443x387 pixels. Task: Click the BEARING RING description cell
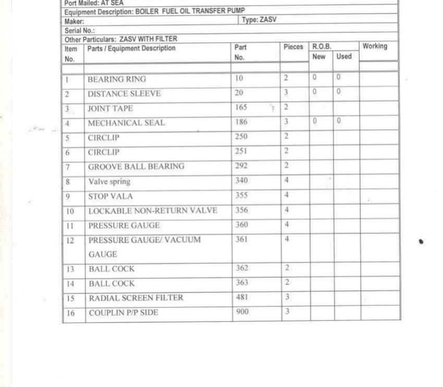pyautogui.click(x=117, y=80)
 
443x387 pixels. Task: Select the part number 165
pyautogui.click(x=241, y=108)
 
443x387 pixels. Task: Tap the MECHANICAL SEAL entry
pyautogui.click(x=126, y=123)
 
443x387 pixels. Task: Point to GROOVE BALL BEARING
pyautogui.click(x=136, y=167)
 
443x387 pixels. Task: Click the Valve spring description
pyautogui.click(x=109, y=181)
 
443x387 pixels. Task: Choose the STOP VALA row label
pyautogui.click(x=110, y=196)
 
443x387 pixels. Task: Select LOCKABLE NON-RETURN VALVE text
pyautogui.click(x=153, y=211)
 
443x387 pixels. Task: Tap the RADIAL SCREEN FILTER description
pyautogui.click(x=136, y=298)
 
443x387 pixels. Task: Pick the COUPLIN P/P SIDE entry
pyautogui.click(x=124, y=313)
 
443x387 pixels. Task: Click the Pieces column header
pyautogui.click(x=293, y=47)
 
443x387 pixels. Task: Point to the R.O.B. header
pyautogui.click(x=321, y=46)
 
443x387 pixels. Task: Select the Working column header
pyautogui.click(x=375, y=46)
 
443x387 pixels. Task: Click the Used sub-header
pyautogui.click(x=344, y=56)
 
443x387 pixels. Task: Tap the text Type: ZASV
pyautogui.click(x=260, y=20)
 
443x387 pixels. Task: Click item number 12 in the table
pyautogui.click(x=70, y=241)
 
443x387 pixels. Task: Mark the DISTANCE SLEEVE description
pyautogui.click(x=124, y=94)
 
